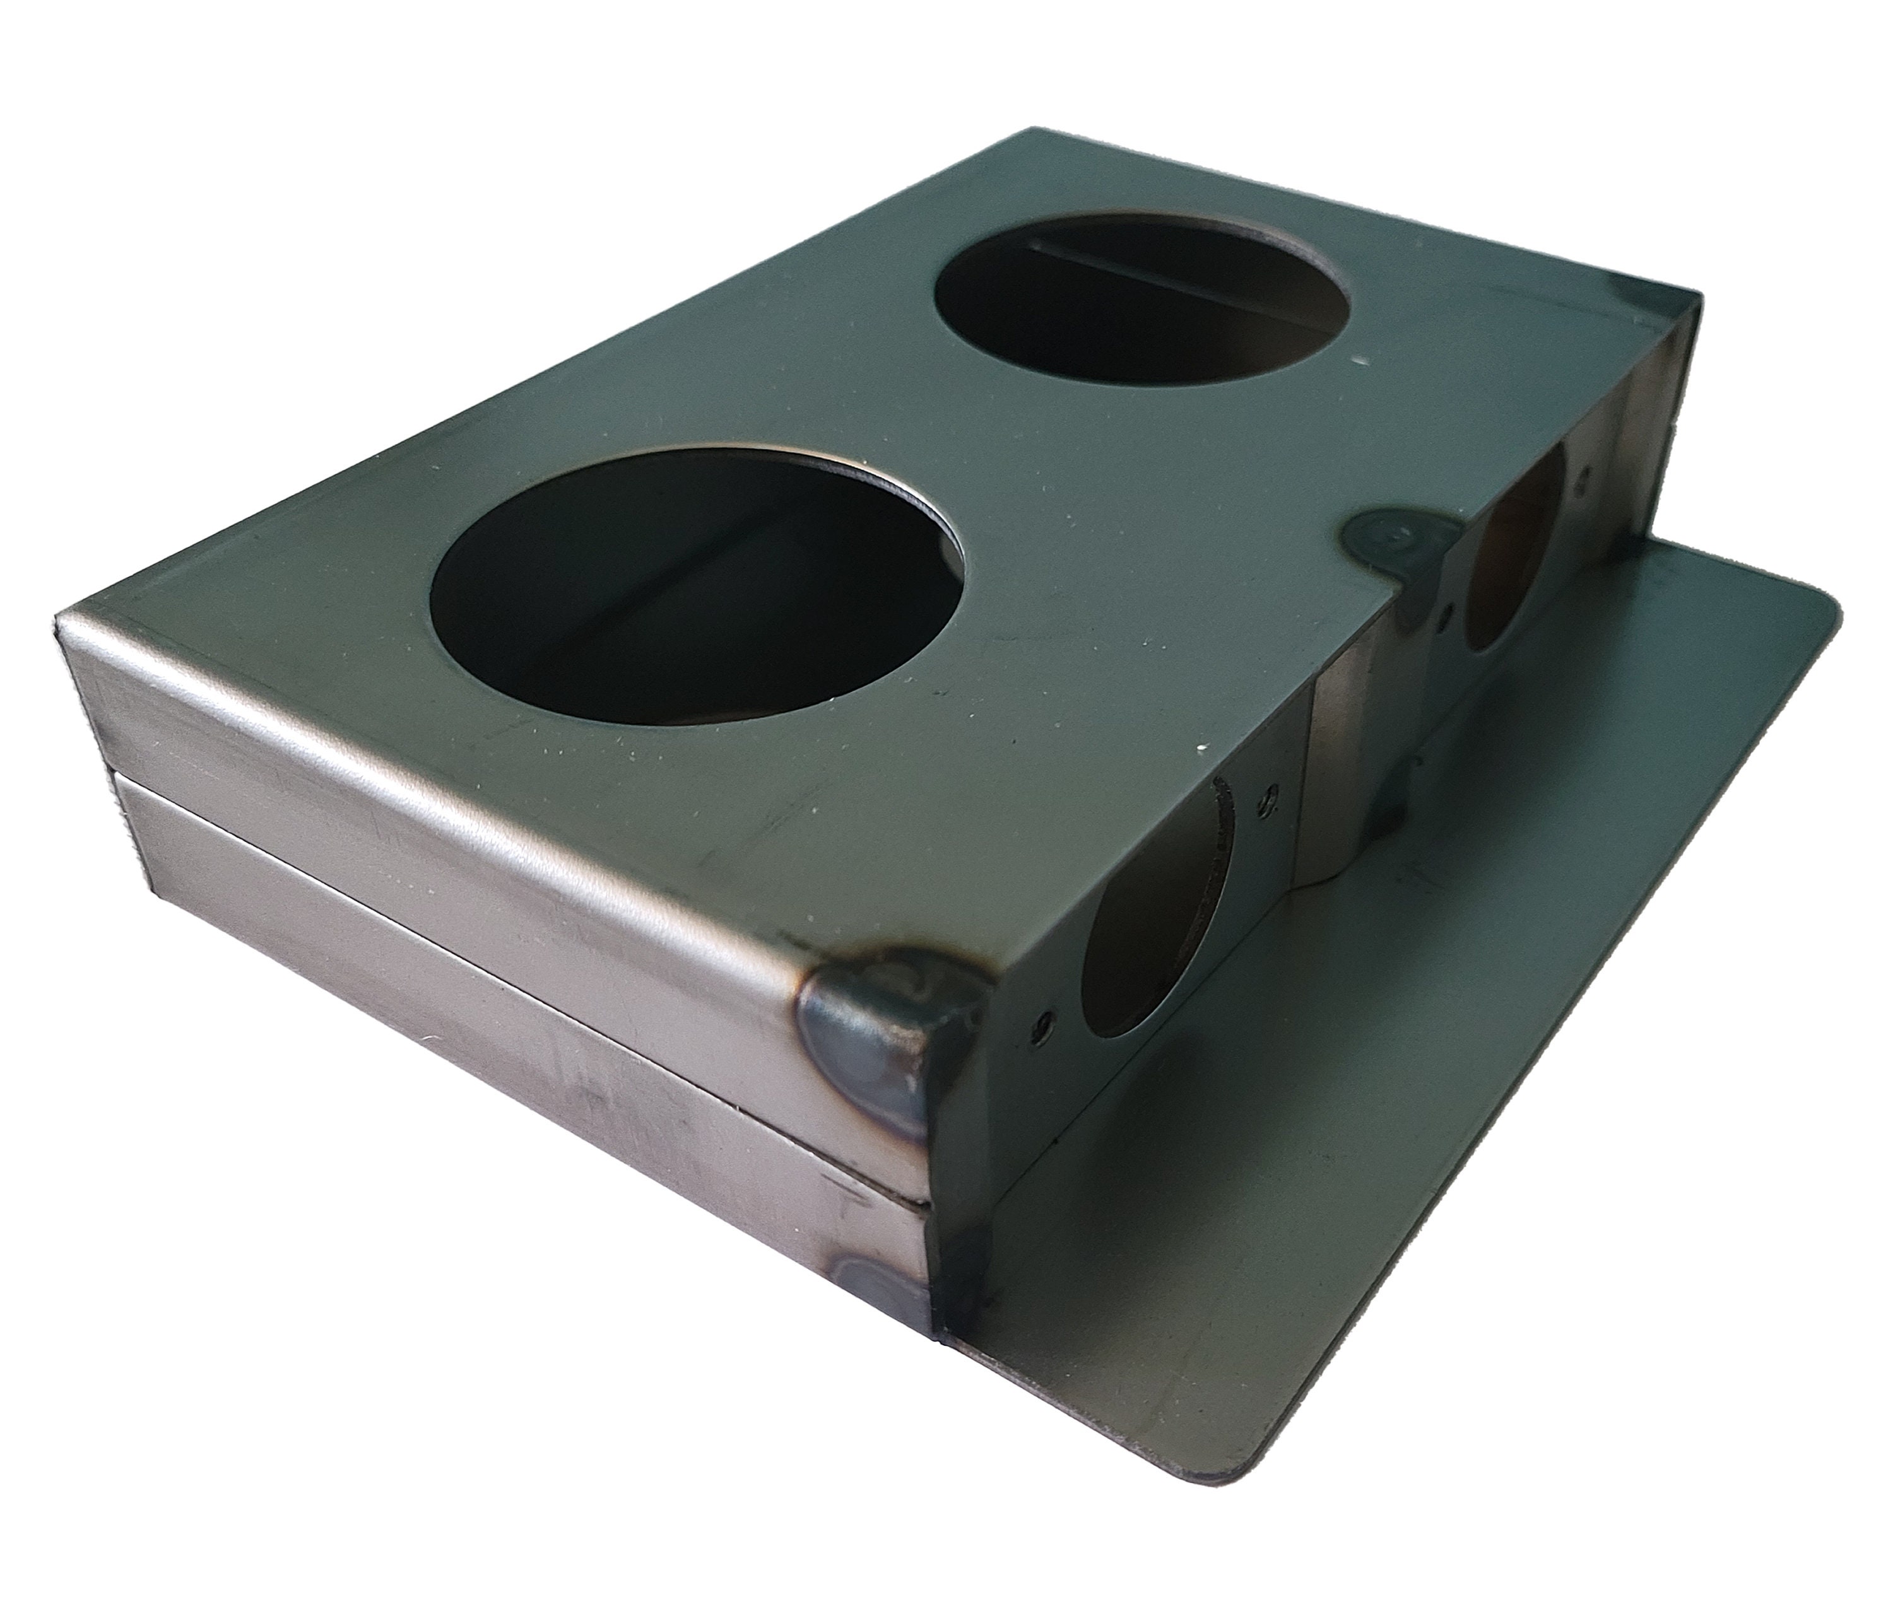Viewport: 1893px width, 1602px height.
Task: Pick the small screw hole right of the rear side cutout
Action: tap(1585, 472)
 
